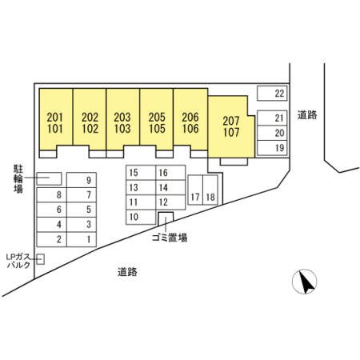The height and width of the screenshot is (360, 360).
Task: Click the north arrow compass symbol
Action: tap(305, 282)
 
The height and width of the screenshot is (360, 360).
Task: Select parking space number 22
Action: tap(272, 94)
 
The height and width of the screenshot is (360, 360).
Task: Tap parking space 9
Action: tap(82, 180)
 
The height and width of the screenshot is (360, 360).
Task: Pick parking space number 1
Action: tap(82, 239)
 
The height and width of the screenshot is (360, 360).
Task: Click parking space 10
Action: tap(141, 217)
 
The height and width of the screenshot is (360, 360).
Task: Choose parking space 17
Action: tap(195, 190)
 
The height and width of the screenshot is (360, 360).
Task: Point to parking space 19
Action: tap(272, 148)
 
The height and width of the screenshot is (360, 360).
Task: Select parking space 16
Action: tap(170, 173)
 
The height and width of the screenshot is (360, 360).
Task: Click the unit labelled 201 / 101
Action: tap(56, 119)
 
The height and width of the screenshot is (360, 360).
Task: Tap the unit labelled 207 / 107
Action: tap(231, 126)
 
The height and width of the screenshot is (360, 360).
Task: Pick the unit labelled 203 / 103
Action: tap(122, 119)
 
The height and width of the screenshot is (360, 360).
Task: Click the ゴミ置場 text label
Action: tap(170, 238)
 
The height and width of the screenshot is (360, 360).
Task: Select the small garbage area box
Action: tap(166, 218)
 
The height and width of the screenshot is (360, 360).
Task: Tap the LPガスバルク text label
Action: tap(18, 261)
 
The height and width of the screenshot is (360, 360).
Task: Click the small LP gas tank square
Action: tap(41, 259)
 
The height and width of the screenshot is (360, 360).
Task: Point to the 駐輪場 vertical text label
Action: tap(18, 178)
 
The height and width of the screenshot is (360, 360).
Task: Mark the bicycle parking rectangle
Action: tap(49, 178)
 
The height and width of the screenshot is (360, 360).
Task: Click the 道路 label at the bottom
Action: tap(127, 272)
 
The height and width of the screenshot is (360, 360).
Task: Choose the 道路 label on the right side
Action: tap(307, 115)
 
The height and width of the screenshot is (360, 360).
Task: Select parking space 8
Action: tap(52, 195)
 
